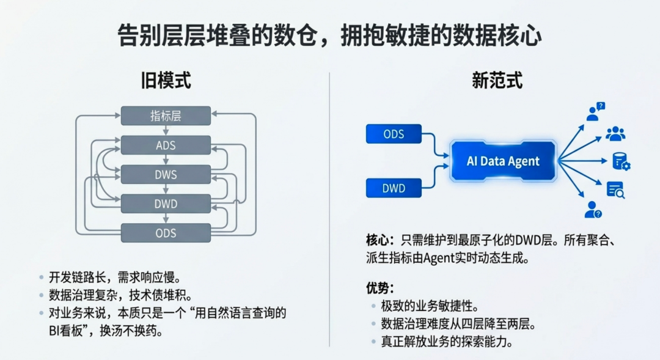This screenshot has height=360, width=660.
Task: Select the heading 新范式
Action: coord(497,80)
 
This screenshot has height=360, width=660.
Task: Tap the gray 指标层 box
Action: coord(166,116)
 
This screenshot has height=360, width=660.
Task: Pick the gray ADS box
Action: coord(166,145)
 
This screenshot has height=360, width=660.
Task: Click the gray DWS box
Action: coord(166,175)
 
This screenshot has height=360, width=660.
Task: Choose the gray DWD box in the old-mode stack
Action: coord(166,204)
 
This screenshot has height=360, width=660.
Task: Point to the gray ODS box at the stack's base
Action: coord(166,233)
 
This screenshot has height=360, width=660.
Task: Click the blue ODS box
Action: coord(394,134)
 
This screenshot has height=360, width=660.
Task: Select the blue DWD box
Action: coord(394,188)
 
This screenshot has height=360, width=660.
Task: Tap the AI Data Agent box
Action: coord(503,161)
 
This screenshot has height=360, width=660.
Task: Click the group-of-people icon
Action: coord(615,134)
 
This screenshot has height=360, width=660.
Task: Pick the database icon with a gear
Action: coord(621,162)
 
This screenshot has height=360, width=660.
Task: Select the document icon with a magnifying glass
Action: coord(615,190)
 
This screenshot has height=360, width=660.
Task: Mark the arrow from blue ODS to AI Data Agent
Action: coord(435,142)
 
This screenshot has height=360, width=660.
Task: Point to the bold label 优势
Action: coord(379,287)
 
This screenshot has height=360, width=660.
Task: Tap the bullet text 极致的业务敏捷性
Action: coord(429,306)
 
